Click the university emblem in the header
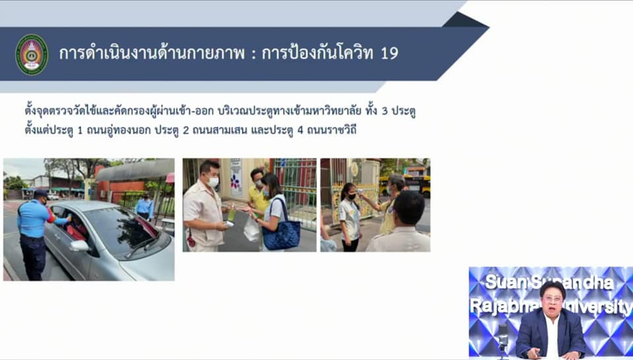32,54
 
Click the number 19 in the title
389,53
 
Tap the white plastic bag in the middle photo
251,229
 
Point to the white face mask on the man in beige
214,181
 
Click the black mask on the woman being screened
352,196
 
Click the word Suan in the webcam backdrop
505,282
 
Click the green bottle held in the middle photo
231,213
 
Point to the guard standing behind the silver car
144,206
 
